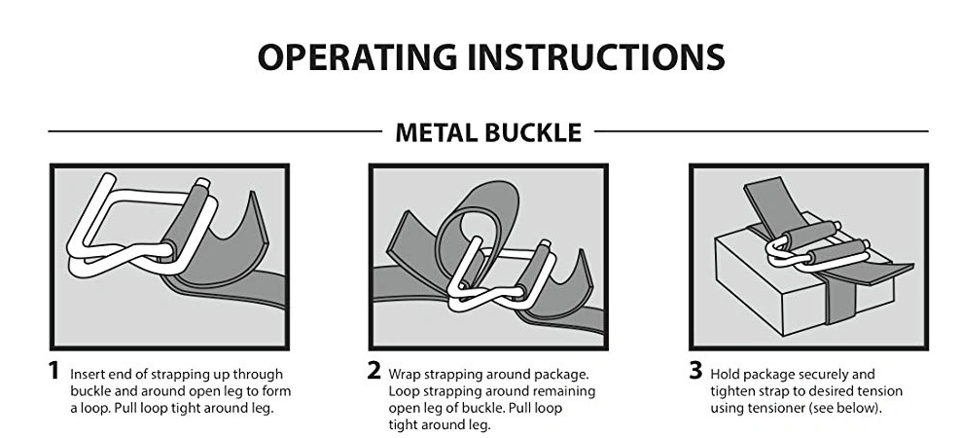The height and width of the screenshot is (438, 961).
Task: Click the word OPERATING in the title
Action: tap(358, 57)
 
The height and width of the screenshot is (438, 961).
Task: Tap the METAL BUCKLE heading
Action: tap(488, 132)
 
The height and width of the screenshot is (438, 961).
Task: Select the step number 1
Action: tap(54, 371)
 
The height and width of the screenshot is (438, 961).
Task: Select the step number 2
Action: tap(374, 371)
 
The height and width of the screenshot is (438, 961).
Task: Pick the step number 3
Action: tap(695, 371)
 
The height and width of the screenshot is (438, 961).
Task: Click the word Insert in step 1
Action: tap(85, 374)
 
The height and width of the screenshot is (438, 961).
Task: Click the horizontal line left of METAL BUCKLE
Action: tap(215, 131)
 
